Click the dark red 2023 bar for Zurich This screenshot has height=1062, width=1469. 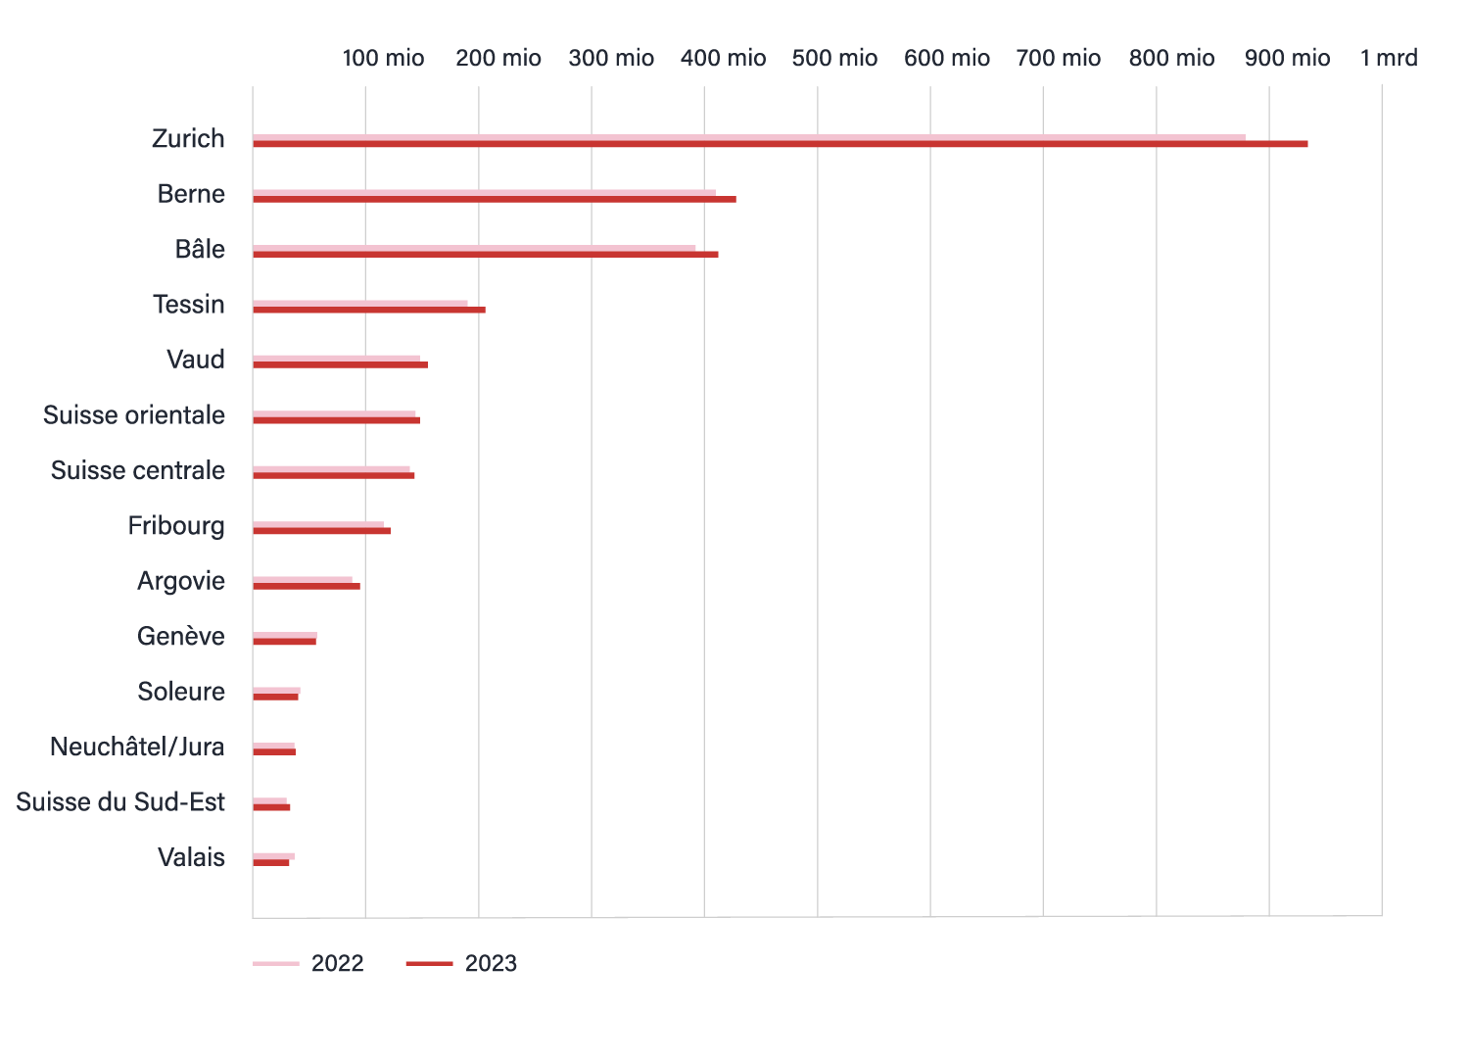coord(780,144)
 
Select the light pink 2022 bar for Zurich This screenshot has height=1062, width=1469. coord(748,137)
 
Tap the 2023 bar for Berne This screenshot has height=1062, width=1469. coord(494,199)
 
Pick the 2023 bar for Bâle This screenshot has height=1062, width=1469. coord(485,255)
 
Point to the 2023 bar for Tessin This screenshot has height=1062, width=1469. coord(368,310)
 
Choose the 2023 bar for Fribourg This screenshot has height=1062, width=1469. coord(321,531)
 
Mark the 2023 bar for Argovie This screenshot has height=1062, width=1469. coord(306,586)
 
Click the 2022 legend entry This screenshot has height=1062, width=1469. coord(308,964)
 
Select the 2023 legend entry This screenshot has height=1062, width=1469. coord(461,964)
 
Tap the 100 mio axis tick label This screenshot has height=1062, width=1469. coord(383,59)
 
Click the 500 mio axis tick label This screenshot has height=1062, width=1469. coord(834,59)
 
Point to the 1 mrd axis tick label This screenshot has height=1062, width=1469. coord(1388,59)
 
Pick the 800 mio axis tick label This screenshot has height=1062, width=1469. coord(1171,59)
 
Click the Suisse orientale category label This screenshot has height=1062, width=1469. coord(134,415)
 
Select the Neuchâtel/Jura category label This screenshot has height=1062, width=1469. coord(137,748)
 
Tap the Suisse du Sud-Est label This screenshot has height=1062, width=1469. coord(120,802)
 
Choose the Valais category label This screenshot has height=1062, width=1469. coord(191,858)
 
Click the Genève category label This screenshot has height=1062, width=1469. coord(181,637)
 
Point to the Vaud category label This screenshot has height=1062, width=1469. coord(196,360)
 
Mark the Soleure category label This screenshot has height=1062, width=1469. coord(181,692)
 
